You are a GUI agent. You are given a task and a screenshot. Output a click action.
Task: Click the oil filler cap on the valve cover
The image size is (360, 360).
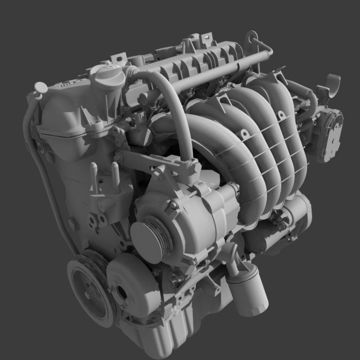108,75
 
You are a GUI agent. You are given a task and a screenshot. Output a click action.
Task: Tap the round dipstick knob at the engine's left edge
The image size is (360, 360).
40,87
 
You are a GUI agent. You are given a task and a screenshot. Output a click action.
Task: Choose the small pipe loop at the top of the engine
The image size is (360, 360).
256,42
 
